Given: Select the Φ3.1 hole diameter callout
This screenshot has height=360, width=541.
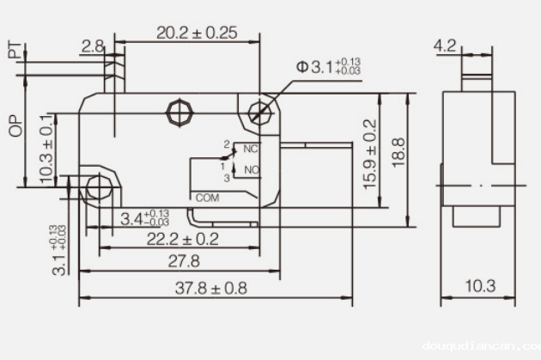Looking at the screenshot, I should tap(328, 66).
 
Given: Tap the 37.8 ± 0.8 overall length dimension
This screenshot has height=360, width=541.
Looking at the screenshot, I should tap(210, 288).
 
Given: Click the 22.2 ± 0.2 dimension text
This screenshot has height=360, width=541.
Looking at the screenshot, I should tap(181, 238).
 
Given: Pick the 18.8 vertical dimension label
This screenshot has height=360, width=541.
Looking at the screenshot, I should tap(397, 155).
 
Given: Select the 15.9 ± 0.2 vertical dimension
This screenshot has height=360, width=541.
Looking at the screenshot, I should tap(370, 155).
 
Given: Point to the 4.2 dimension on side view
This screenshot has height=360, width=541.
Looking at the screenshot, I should tap(444, 46).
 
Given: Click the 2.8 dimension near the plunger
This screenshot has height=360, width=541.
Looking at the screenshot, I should tap(92, 46).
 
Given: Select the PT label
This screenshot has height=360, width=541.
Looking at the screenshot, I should tap(14, 51).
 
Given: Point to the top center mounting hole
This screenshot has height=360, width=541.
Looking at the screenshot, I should tap(179, 111).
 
